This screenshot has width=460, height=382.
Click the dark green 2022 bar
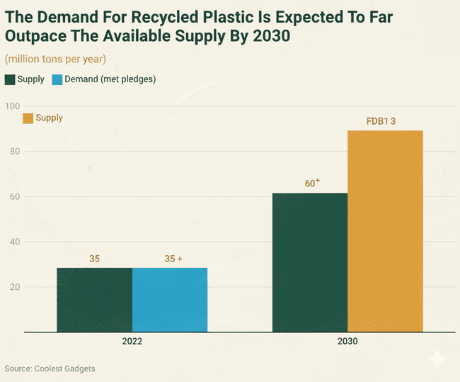[95, 299]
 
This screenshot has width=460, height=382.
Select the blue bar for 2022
[170, 299]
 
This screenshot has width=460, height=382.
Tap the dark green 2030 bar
[310, 262]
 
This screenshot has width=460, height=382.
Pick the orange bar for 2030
[385, 231]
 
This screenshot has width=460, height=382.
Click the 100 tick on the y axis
[12, 106]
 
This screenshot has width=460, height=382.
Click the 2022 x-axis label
[132, 342]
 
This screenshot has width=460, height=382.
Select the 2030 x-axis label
[347, 342]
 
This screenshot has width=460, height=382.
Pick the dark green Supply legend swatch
[10, 79]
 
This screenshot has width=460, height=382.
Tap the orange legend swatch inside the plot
[28, 118]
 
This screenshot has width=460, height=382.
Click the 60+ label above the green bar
[312, 183]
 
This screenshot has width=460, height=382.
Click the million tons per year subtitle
[55, 58]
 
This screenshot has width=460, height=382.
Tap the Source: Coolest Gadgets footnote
[50, 369]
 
